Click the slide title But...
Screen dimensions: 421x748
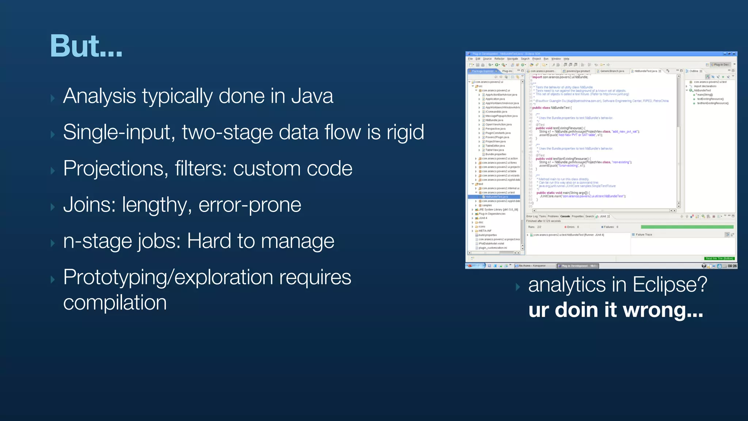[x=86, y=46]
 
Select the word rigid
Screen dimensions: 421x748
[x=405, y=132]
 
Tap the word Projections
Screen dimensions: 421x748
[x=116, y=169]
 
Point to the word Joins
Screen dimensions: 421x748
[x=89, y=205]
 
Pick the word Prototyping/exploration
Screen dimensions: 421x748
[x=168, y=277]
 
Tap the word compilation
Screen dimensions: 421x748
[x=115, y=303]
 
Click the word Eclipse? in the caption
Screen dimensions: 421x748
[x=670, y=285]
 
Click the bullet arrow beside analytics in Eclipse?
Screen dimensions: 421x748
[x=518, y=287]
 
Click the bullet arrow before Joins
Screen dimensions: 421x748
[x=53, y=207]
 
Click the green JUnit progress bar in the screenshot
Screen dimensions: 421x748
[x=687, y=227]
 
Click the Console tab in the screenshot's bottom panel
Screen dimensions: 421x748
[x=565, y=216]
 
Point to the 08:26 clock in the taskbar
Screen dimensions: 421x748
[x=732, y=266]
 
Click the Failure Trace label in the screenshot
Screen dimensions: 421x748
[x=644, y=235]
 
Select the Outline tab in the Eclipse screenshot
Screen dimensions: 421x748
[x=694, y=71]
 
